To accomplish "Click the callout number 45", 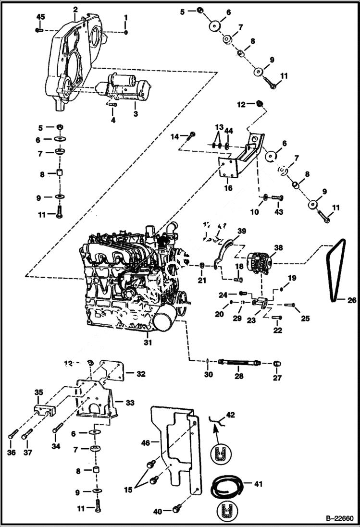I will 41,17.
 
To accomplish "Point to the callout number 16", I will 228,188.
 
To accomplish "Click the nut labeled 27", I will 277,362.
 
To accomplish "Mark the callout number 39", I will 241,231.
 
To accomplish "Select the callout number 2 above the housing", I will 75,9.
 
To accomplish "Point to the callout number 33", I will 130,402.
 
